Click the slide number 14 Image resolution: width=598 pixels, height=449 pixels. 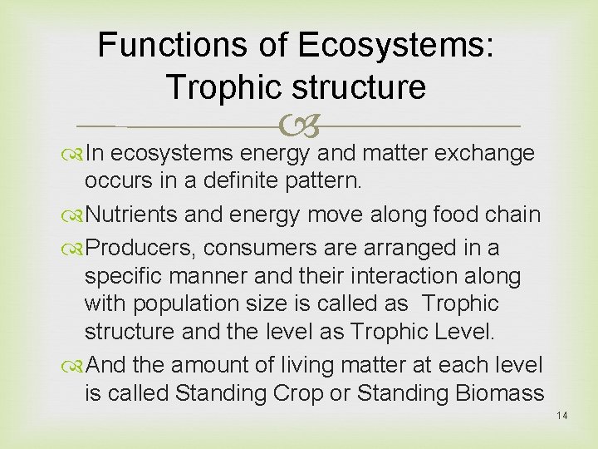point(562,416)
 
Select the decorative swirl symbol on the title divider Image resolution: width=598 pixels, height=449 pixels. point(298,126)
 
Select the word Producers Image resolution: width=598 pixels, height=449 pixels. point(140,247)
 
